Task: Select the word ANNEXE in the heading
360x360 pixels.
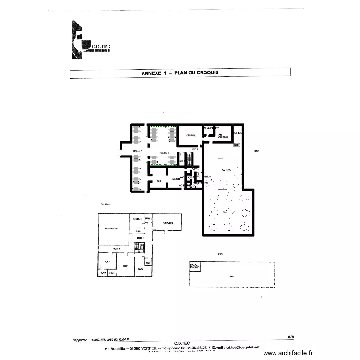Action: (152, 73)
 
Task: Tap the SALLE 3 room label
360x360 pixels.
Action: (226, 170)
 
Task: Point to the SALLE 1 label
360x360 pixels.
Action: (138, 151)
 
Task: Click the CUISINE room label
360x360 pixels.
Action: (191, 135)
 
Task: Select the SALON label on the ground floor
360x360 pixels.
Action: (175, 179)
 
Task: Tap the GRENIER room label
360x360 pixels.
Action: (168, 223)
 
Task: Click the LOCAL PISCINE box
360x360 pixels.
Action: (194, 266)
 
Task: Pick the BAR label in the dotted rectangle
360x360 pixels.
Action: (231, 276)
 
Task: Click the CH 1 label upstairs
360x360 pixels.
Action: (126, 265)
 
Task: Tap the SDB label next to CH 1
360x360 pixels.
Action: (141, 269)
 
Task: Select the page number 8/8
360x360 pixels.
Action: (291, 337)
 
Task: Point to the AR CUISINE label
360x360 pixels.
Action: (220, 135)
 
